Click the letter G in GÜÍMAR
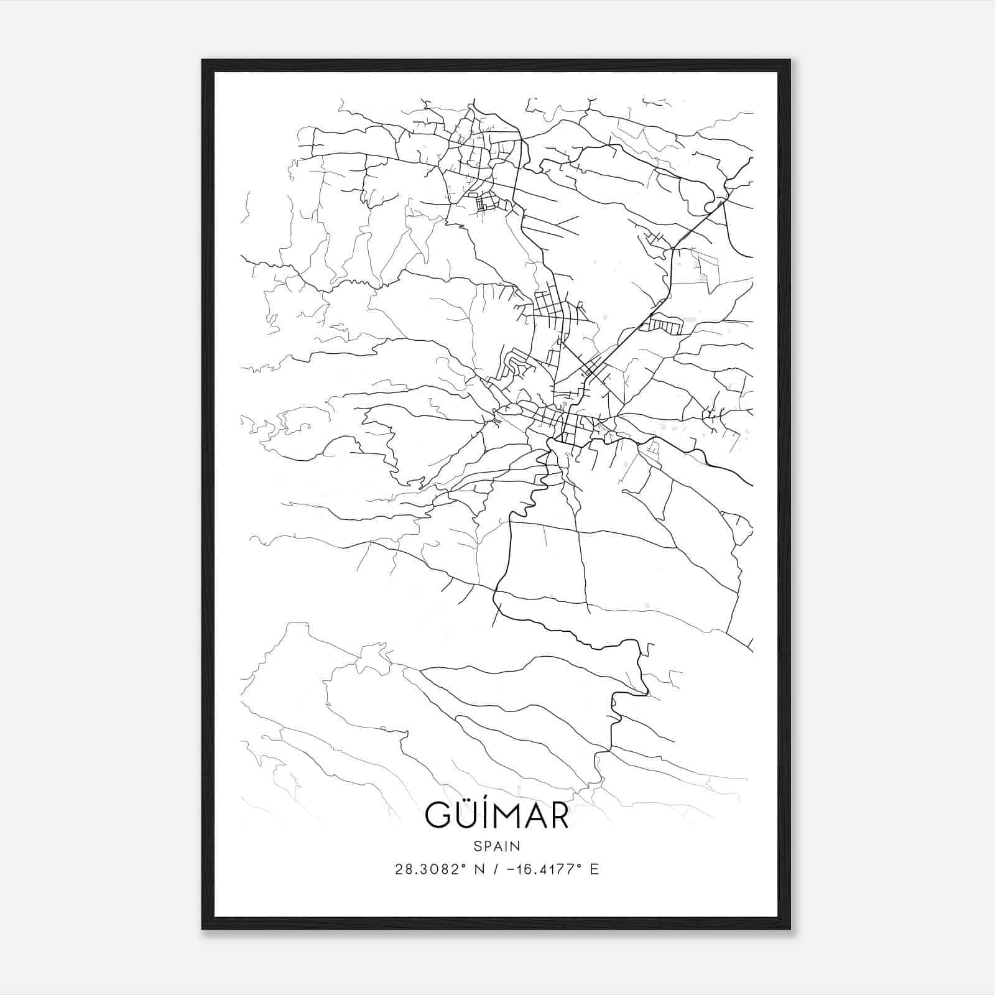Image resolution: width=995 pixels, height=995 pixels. (x=438, y=816)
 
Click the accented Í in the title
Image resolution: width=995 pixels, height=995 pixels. (x=484, y=815)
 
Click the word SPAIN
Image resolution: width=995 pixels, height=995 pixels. (x=497, y=846)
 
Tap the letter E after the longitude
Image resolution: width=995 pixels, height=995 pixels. (x=595, y=869)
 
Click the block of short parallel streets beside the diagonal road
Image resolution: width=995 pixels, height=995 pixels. (x=666, y=324)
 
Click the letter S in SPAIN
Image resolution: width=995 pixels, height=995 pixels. (x=477, y=846)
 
